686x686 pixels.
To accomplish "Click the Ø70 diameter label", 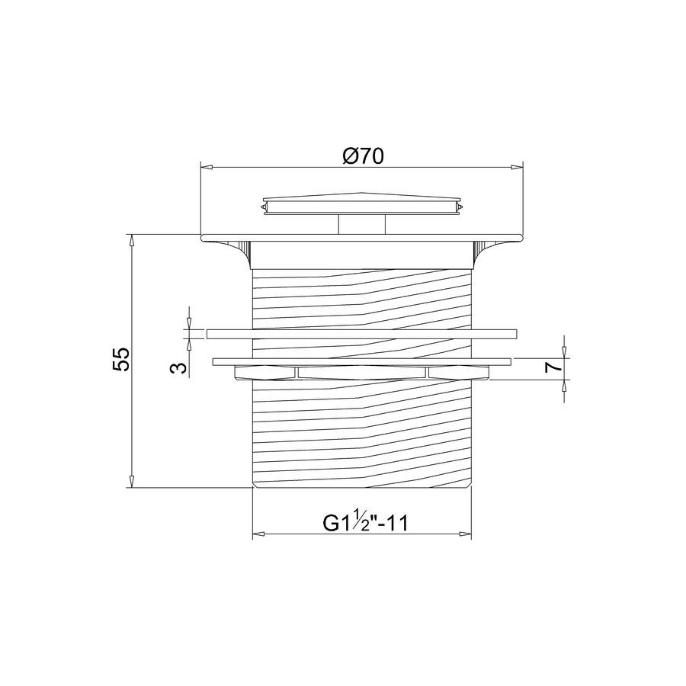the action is click(x=363, y=155).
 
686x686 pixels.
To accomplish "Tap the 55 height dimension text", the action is click(x=120, y=359).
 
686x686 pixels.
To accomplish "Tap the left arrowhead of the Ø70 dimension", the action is click(x=207, y=167).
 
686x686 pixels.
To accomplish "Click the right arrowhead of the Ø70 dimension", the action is click(x=517, y=167).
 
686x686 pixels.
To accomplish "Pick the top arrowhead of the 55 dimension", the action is click(x=131, y=241).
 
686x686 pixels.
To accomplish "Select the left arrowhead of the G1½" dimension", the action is click(x=259, y=534).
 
